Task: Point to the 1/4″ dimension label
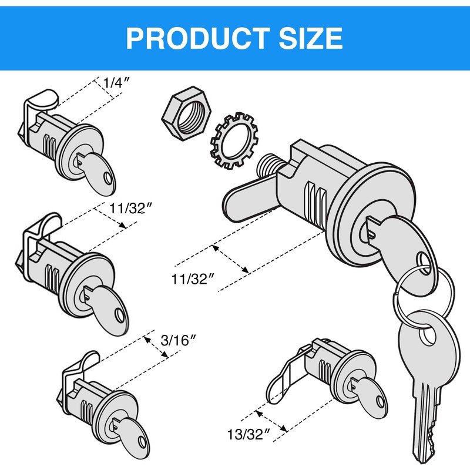(x=115, y=83)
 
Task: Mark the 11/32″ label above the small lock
(x=131, y=207)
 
